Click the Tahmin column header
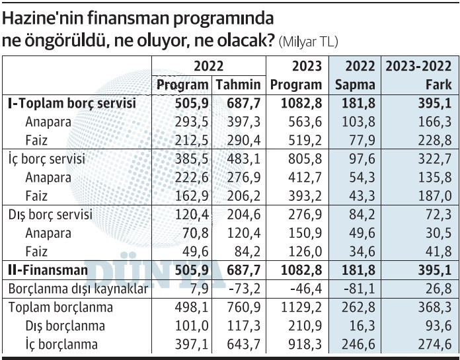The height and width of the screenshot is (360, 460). coord(238,85)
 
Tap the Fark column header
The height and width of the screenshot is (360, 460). coord(439,85)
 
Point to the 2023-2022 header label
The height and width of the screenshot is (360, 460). coord(418,67)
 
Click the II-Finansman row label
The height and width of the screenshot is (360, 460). coord(48,270)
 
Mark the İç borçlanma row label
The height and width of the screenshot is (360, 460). coord(61,344)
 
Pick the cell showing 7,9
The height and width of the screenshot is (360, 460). coord(192,289)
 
